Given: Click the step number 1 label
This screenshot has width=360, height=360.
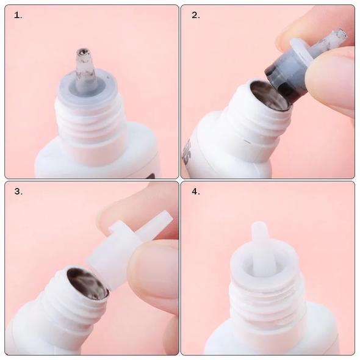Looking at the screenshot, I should pyautogui.click(x=18, y=15).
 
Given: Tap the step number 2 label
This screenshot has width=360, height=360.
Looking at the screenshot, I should pyautogui.click(x=196, y=15).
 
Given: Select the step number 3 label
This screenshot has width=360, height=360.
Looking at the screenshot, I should pyautogui.click(x=18, y=191).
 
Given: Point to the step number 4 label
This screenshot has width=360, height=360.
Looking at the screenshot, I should pyautogui.click(x=196, y=191).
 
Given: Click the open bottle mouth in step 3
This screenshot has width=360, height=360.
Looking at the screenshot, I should pyautogui.click(x=87, y=283).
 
